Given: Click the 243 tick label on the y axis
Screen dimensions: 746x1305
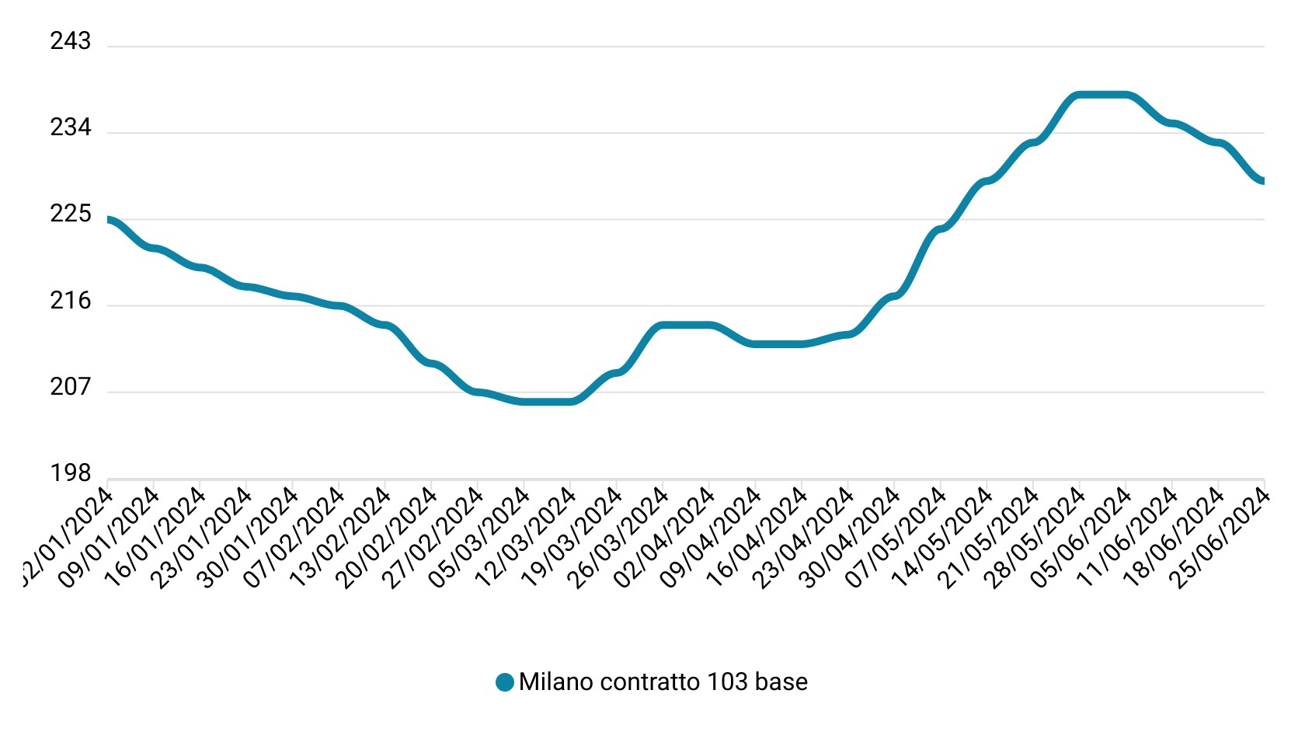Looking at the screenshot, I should tap(71, 41).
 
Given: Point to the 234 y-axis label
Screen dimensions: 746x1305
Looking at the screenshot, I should tap(71, 127).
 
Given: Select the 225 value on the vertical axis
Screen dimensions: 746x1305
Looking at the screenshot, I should tap(71, 214).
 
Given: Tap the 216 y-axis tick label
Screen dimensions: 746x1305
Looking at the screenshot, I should tap(71, 301).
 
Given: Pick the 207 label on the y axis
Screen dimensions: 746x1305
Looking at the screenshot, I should tap(71, 387).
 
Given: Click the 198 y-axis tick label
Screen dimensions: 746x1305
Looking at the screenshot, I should tap(71, 473).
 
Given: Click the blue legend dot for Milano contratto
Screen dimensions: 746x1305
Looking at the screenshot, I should tap(505, 682).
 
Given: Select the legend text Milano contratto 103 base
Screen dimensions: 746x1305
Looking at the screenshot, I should tap(663, 682).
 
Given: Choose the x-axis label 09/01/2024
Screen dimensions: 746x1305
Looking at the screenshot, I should tap(110, 536).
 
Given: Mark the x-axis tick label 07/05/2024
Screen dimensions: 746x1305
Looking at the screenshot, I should tap(896, 536).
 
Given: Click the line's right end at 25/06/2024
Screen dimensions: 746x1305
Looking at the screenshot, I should tap(1262, 180).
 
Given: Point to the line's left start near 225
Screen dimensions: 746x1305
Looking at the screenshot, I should tap(109, 221).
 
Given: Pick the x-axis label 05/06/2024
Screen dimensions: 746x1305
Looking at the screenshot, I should tap(1081, 536).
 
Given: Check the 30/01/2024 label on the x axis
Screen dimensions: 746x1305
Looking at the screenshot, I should tap(249, 536).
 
